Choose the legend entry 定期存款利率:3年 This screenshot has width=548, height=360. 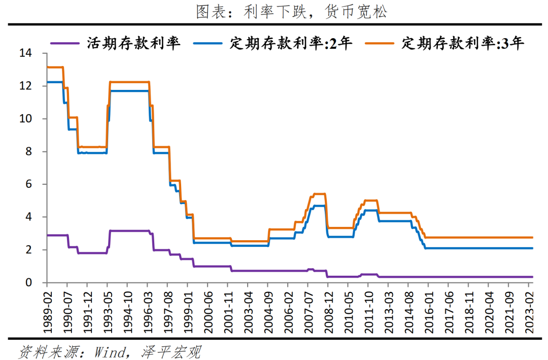pyautogui.click(x=463, y=43)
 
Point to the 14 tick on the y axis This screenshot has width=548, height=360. pyautogui.click(x=25, y=53)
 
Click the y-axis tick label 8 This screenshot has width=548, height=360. pyautogui.click(x=28, y=151)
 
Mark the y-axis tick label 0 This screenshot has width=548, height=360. pyautogui.click(x=28, y=282)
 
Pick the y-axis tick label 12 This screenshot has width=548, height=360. pyautogui.click(x=25, y=86)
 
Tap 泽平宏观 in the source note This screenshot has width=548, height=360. pyautogui.click(x=169, y=351)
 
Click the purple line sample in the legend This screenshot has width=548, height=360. pyautogui.click(x=65, y=44)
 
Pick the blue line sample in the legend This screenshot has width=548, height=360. pyautogui.click(x=208, y=44)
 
